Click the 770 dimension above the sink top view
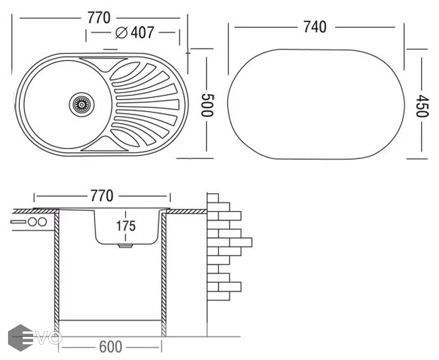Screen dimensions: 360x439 [99, 18]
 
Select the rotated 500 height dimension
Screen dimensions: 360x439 [207, 105]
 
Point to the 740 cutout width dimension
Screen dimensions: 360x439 [315, 27]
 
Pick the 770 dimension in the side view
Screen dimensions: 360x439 [102, 196]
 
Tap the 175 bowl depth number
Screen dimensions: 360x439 [126, 226]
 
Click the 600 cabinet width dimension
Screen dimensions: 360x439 [110, 347]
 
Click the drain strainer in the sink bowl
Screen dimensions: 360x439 [82, 104]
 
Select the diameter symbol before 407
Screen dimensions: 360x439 [121, 33]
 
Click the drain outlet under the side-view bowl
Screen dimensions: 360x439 [126, 246]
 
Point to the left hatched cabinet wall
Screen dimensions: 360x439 [57, 272]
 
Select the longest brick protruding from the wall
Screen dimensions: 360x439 [241, 242]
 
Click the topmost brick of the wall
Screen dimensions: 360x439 [213, 198]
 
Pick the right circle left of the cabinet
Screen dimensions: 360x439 [42, 222]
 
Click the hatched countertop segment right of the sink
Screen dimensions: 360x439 [186, 211]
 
